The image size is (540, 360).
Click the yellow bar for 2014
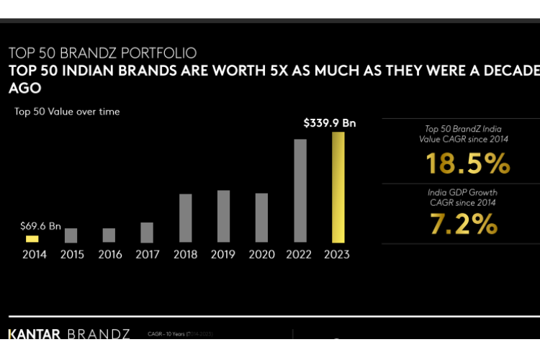point(32,238)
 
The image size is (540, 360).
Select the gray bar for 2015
point(71,235)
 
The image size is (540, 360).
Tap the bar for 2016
point(109,235)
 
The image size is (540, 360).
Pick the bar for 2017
point(147,233)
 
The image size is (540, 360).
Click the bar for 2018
point(185,218)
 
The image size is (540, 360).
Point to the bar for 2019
point(223,216)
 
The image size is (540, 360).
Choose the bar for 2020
point(261,217)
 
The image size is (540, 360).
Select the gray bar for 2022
point(300,191)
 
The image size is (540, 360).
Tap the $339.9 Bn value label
point(330,123)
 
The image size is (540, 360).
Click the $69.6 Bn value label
point(37,225)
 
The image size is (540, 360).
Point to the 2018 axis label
point(185,254)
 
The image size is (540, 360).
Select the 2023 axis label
point(338,254)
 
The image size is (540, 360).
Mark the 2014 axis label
point(34,254)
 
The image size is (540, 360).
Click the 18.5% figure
point(467,164)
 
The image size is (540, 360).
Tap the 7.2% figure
point(464,225)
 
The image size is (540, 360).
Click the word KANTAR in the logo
point(35,335)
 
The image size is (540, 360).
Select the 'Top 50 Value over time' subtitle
point(67,112)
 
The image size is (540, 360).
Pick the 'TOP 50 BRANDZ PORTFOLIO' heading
point(102,53)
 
